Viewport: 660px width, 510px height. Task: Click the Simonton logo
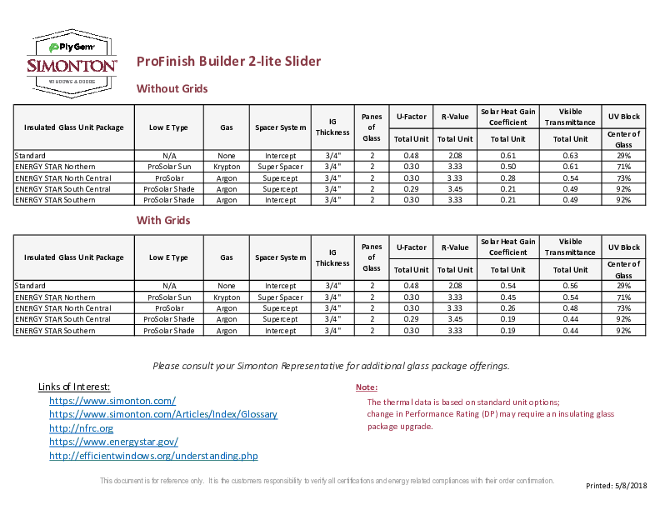click(72, 63)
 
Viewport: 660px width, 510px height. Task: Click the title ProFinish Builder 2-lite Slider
click(228, 62)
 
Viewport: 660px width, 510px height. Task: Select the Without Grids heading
click(172, 88)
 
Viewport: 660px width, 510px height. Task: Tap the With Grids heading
click(163, 220)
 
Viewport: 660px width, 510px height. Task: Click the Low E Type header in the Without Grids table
click(168, 127)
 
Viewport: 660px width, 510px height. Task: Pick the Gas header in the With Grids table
click(226, 257)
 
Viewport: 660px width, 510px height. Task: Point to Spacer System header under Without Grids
click(281, 127)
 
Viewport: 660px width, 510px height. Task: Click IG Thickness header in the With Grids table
click(332, 257)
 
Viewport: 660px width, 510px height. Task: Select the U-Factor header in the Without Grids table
click(411, 117)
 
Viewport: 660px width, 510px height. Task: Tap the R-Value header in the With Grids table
click(455, 247)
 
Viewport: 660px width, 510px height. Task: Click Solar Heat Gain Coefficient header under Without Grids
click(507, 117)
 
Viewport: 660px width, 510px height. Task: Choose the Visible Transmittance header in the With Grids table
click(570, 247)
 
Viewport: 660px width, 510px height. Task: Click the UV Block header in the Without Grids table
click(623, 117)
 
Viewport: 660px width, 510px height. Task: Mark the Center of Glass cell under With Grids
click(623, 269)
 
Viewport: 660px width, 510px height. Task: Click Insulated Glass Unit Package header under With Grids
click(73, 257)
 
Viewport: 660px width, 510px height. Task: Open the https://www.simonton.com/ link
click(112, 401)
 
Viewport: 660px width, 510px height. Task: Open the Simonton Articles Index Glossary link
click(163, 414)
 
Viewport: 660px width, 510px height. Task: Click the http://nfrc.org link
click(81, 428)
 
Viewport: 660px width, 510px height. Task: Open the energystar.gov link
click(113, 442)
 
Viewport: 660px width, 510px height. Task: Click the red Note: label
click(367, 387)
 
